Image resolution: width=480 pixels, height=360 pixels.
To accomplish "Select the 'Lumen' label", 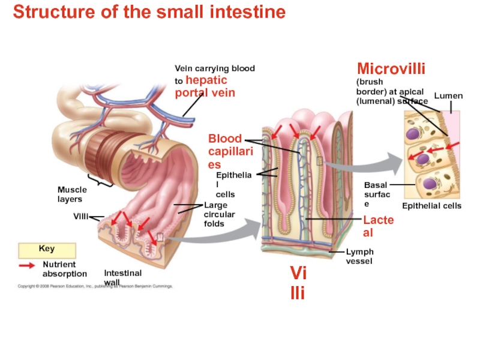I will (x=448, y=96).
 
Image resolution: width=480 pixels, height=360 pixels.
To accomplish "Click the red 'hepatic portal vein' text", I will (x=205, y=87).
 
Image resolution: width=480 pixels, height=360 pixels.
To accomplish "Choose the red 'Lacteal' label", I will (x=378, y=226).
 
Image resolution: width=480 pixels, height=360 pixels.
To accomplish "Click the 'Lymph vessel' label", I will (x=359, y=256).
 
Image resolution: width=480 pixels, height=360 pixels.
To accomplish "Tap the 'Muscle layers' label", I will (x=72, y=194).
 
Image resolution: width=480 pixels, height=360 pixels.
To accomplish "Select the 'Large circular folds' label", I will (x=220, y=214).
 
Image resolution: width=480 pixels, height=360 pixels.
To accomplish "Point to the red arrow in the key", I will (x=27, y=265).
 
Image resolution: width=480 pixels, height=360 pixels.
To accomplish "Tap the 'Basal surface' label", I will (x=377, y=194).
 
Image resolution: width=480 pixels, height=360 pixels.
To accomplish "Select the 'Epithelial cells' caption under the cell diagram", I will (x=431, y=206).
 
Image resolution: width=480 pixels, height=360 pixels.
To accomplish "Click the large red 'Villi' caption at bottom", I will (x=298, y=284).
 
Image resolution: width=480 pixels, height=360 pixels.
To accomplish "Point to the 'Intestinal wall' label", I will (x=122, y=277).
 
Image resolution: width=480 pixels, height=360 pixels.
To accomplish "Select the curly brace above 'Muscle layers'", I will (x=101, y=181).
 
